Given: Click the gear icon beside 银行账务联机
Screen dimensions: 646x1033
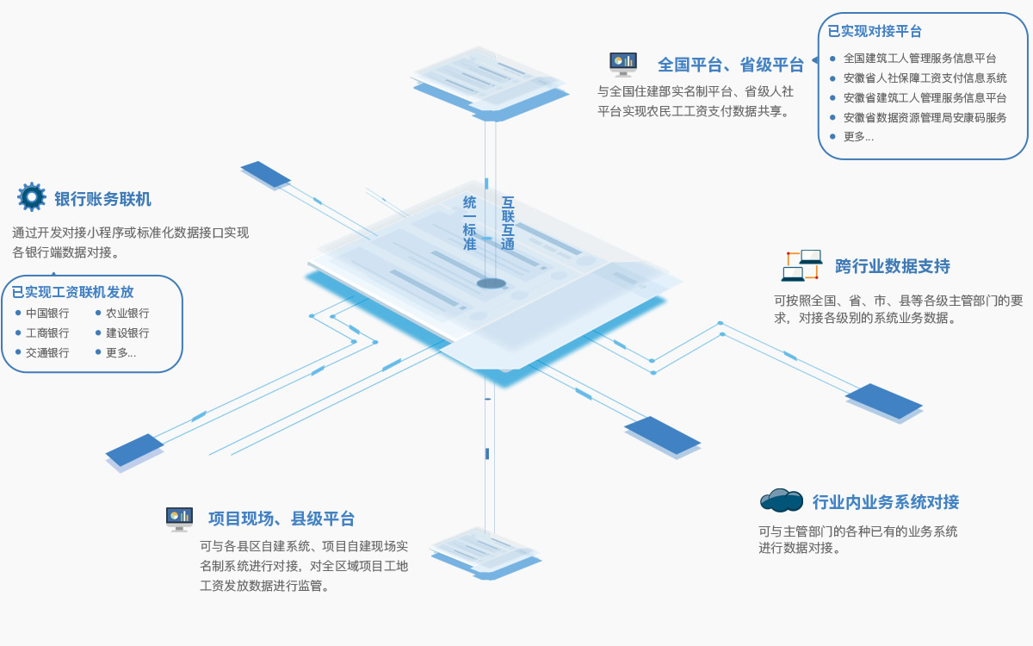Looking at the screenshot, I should pyautogui.click(x=32, y=197).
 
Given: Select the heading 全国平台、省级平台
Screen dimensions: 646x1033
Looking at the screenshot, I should pyautogui.click(x=730, y=65).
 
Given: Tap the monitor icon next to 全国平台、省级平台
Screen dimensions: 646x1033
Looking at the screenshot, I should pyautogui.click(x=622, y=64).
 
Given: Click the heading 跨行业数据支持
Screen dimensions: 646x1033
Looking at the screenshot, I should pyautogui.click(x=892, y=266).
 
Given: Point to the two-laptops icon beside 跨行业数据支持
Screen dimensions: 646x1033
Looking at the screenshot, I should pyautogui.click(x=801, y=265).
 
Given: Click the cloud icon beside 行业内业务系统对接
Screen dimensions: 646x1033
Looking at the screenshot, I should pyautogui.click(x=781, y=500).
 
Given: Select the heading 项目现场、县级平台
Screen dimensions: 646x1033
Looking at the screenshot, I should pyautogui.click(x=281, y=519).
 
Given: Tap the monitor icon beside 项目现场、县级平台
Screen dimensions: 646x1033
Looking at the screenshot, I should pyautogui.click(x=179, y=519).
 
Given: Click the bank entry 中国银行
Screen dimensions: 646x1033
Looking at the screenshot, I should pyautogui.click(x=47, y=314).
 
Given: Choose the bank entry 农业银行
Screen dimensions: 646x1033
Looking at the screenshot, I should pyautogui.click(x=127, y=314).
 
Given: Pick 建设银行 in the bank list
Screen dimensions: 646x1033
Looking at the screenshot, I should pyautogui.click(x=127, y=333).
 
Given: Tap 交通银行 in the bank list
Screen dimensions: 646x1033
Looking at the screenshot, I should pyautogui.click(x=47, y=353).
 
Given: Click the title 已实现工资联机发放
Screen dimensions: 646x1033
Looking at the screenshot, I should pyautogui.click(x=73, y=292).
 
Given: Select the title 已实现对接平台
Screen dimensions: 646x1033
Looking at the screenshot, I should pyautogui.click(x=875, y=32).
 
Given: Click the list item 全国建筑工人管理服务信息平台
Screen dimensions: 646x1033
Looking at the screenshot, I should pyautogui.click(x=919, y=59).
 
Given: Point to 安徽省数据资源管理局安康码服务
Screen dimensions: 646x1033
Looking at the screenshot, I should pyautogui.click(x=925, y=118).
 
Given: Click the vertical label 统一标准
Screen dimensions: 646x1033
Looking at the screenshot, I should pyautogui.click(x=469, y=223).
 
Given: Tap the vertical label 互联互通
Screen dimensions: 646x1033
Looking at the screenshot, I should pyautogui.click(x=508, y=223).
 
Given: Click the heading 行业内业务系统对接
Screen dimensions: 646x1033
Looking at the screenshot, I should pyautogui.click(x=885, y=502).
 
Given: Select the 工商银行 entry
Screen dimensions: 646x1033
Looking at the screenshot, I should pyautogui.click(x=47, y=333).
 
